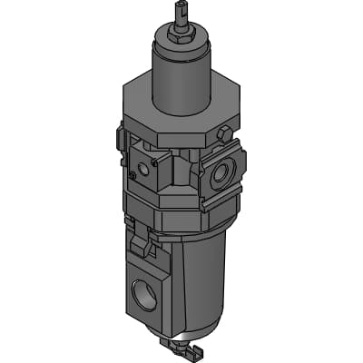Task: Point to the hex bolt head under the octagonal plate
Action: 223,133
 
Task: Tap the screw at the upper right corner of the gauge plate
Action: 152,159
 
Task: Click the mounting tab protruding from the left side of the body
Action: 120,141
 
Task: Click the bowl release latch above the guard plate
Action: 141,242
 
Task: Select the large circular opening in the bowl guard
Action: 144,296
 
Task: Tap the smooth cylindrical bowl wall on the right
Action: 204,281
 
